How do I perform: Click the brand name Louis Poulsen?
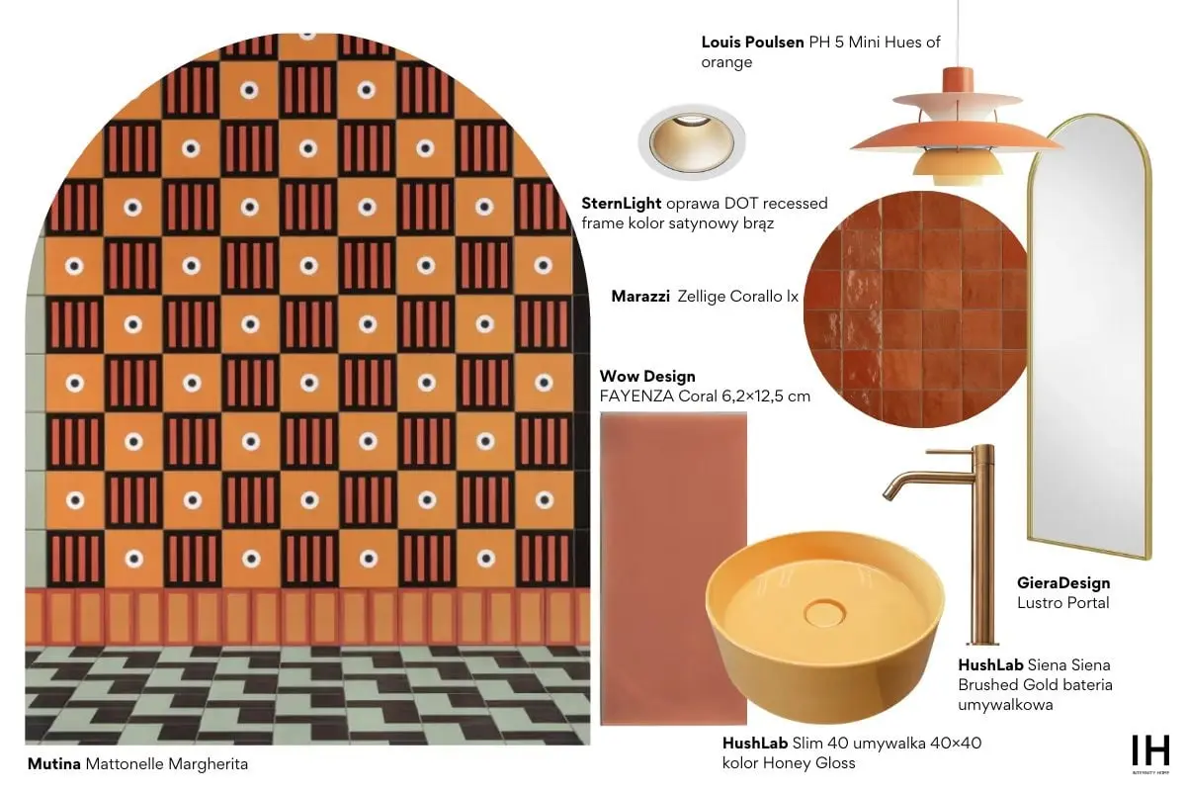tap(752, 42)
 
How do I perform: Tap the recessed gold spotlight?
tap(692, 142)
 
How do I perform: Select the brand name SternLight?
tap(621, 204)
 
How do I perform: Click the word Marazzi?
tap(640, 297)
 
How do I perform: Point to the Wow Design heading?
tap(647, 376)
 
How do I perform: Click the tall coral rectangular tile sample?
tap(673, 569)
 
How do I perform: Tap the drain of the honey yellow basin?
tap(824, 613)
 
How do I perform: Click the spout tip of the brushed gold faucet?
tap(887, 496)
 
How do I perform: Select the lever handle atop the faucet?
tap(950, 452)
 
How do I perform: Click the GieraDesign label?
tap(1063, 582)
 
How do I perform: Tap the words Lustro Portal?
tap(1062, 603)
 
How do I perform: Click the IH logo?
tap(1150, 750)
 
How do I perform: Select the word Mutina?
tap(54, 764)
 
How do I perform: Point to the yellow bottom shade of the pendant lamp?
tap(958, 168)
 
